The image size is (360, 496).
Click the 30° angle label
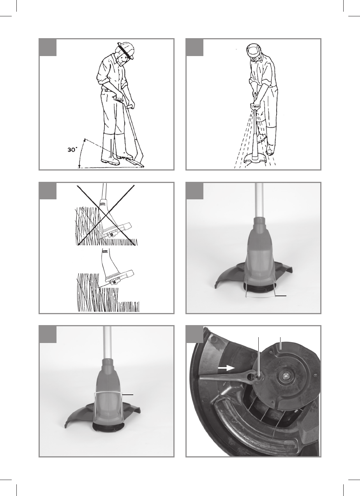(x=73, y=150)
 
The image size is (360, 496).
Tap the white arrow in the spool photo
(x=226, y=368)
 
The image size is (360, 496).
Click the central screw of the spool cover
(x=285, y=376)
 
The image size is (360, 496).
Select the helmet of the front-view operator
(x=254, y=51)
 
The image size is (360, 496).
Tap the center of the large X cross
(x=106, y=215)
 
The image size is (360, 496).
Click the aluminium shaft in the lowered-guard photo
(x=259, y=201)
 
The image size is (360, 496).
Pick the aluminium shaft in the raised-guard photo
(x=107, y=343)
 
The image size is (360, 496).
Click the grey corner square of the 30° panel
(x=48, y=47)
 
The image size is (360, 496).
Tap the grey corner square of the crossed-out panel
(x=48, y=191)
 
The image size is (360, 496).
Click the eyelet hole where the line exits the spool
(x=258, y=377)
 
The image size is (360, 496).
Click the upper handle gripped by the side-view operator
(x=118, y=99)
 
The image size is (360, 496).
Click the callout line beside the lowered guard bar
(x=281, y=295)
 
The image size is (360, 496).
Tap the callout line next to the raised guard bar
(x=127, y=395)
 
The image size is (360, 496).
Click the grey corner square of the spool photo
(x=195, y=334)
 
